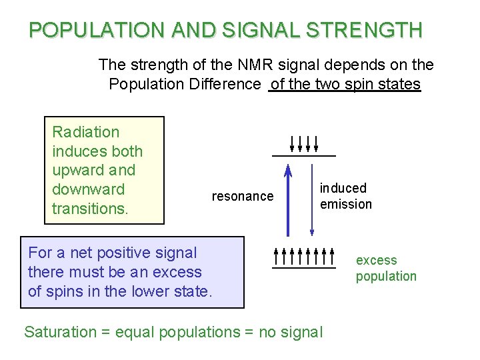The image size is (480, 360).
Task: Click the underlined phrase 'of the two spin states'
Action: coord(345,84)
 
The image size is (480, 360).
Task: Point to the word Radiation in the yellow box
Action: coord(85,132)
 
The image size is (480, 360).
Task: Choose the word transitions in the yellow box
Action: coord(89,208)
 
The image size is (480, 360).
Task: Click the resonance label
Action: coord(242,196)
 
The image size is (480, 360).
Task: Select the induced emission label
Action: coord(345,196)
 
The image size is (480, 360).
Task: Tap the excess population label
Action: coord(385,268)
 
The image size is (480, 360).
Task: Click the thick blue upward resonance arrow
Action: coord(288,200)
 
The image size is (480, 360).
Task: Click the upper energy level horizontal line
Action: coord(303,155)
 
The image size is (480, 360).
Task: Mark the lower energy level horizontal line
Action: coord(303,269)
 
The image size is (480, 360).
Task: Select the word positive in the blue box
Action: coord(123,253)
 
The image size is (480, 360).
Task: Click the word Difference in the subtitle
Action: coord(227,84)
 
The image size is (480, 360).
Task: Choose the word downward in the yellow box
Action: coord(88,189)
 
